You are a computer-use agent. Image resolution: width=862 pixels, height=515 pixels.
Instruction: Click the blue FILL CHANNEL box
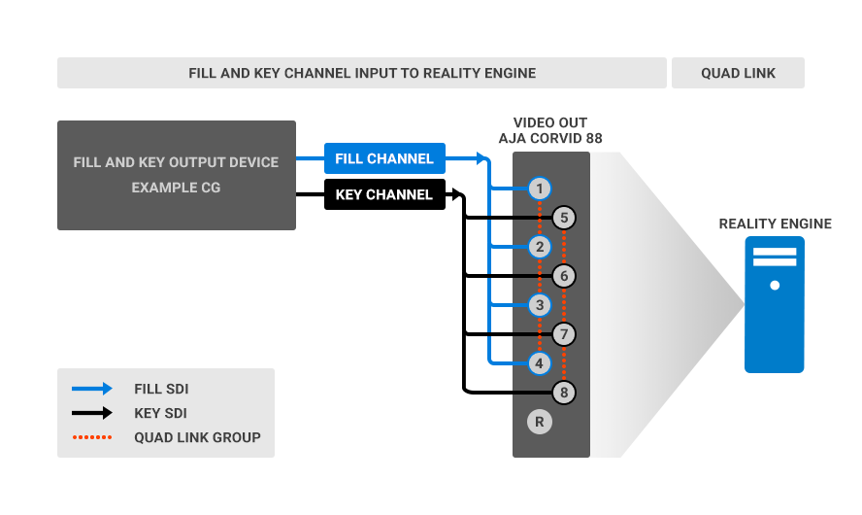(x=383, y=158)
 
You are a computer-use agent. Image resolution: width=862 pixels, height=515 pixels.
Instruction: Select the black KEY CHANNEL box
(x=383, y=194)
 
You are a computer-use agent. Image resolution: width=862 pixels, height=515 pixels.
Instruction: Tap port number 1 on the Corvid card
(x=541, y=189)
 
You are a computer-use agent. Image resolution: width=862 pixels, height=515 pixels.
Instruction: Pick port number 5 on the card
(x=564, y=218)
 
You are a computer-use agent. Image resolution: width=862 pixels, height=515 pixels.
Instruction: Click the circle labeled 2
(x=541, y=247)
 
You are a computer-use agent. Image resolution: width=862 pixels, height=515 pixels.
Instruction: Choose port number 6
(x=564, y=276)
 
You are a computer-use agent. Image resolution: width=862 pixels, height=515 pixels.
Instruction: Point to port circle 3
(x=541, y=305)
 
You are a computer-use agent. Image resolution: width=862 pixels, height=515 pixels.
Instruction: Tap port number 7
(x=564, y=334)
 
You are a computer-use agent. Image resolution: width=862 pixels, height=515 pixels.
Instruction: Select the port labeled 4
(x=541, y=363)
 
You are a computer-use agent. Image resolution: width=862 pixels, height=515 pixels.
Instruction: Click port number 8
(x=564, y=393)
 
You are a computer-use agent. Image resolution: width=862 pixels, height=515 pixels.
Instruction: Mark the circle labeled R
(x=541, y=422)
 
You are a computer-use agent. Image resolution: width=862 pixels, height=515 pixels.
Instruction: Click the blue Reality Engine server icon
(x=775, y=305)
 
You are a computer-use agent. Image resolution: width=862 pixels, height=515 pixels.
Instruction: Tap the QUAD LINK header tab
(x=738, y=73)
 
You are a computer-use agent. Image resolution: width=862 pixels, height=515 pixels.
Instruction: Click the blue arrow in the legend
(x=92, y=389)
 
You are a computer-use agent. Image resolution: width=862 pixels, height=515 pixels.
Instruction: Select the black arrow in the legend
(x=92, y=413)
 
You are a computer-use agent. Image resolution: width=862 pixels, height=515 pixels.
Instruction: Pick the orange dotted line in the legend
(x=92, y=437)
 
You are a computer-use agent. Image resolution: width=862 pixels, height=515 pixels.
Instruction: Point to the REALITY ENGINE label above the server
(x=775, y=223)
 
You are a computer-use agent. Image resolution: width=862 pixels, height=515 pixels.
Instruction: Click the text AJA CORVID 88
(x=550, y=139)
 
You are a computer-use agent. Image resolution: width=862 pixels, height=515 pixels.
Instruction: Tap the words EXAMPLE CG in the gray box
(x=176, y=188)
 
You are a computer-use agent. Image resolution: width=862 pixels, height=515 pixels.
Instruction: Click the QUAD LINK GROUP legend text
(x=197, y=437)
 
